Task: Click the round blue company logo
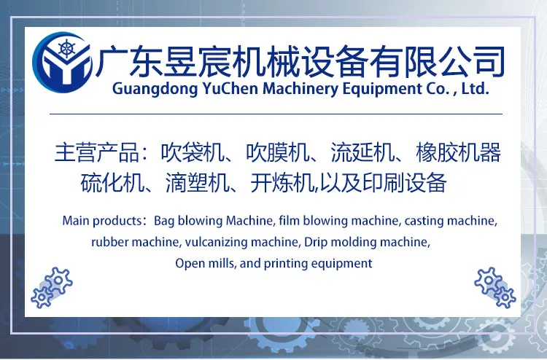[x=63, y=63]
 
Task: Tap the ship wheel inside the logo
[x=66, y=48]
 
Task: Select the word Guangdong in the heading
[x=155, y=89]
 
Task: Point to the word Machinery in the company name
[x=300, y=89]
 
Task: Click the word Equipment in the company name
[x=382, y=89]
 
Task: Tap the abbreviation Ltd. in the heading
[x=475, y=88]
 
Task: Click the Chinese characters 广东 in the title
[x=128, y=61]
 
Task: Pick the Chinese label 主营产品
[x=97, y=152]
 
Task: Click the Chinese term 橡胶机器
[x=459, y=152]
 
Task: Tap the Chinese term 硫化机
[x=112, y=183]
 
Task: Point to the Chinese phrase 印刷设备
[x=405, y=183]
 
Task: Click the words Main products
[x=102, y=221]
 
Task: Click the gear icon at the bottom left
[x=52, y=288]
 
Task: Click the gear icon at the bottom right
[x=495, y=288]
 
